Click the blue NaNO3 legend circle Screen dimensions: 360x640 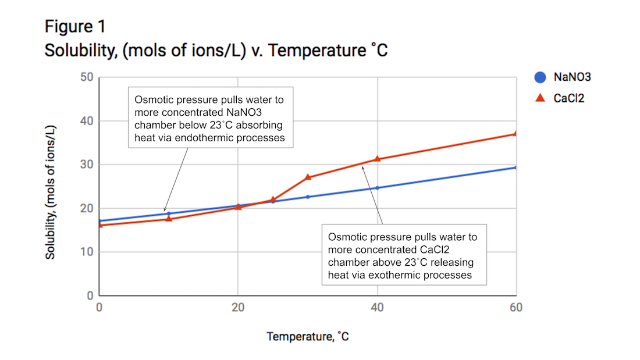tap(541, 77)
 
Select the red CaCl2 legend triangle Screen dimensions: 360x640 tap(541, 98)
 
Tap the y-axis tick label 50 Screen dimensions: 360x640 tap(86, 77)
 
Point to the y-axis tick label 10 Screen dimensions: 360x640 tap(86, 252)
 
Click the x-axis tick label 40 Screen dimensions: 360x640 tap(377, 308)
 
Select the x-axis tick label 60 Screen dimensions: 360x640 tap(515, 308)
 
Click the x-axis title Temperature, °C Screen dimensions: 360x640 tap(308, 336)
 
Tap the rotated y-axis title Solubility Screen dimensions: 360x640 tap(51, 191)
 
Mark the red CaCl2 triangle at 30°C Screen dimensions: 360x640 tap(308, 177)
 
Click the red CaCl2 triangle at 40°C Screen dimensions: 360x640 tap(377, 159)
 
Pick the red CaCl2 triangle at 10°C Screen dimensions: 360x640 tap(169, 219)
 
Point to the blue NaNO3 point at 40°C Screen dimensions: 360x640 tap(377, 188)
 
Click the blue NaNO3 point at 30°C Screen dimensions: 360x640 tap(308, 197)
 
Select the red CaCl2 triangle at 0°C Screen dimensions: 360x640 tap(100, 224)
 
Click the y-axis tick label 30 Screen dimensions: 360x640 tap(86, 165)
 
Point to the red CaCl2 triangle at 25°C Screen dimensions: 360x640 tap(273, 199)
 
